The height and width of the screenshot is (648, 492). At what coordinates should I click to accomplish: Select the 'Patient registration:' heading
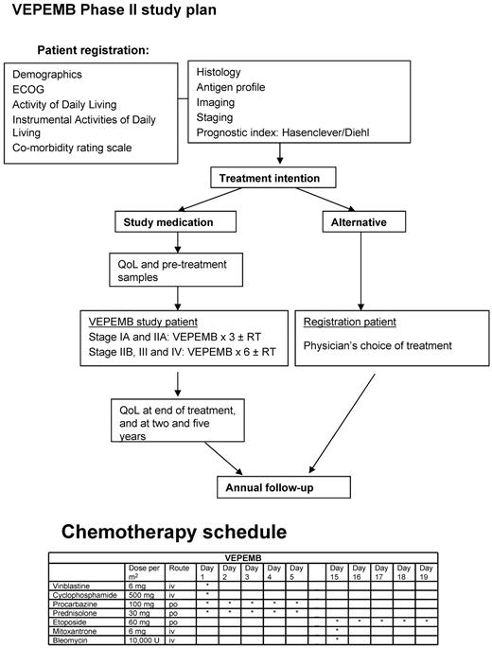tap(93, 50)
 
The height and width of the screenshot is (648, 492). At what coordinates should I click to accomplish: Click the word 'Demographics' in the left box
tap(47, 74)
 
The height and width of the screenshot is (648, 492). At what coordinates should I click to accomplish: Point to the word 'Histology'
tap(219, 72)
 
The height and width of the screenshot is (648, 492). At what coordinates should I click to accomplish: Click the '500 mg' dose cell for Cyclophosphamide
tap(140, 595)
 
